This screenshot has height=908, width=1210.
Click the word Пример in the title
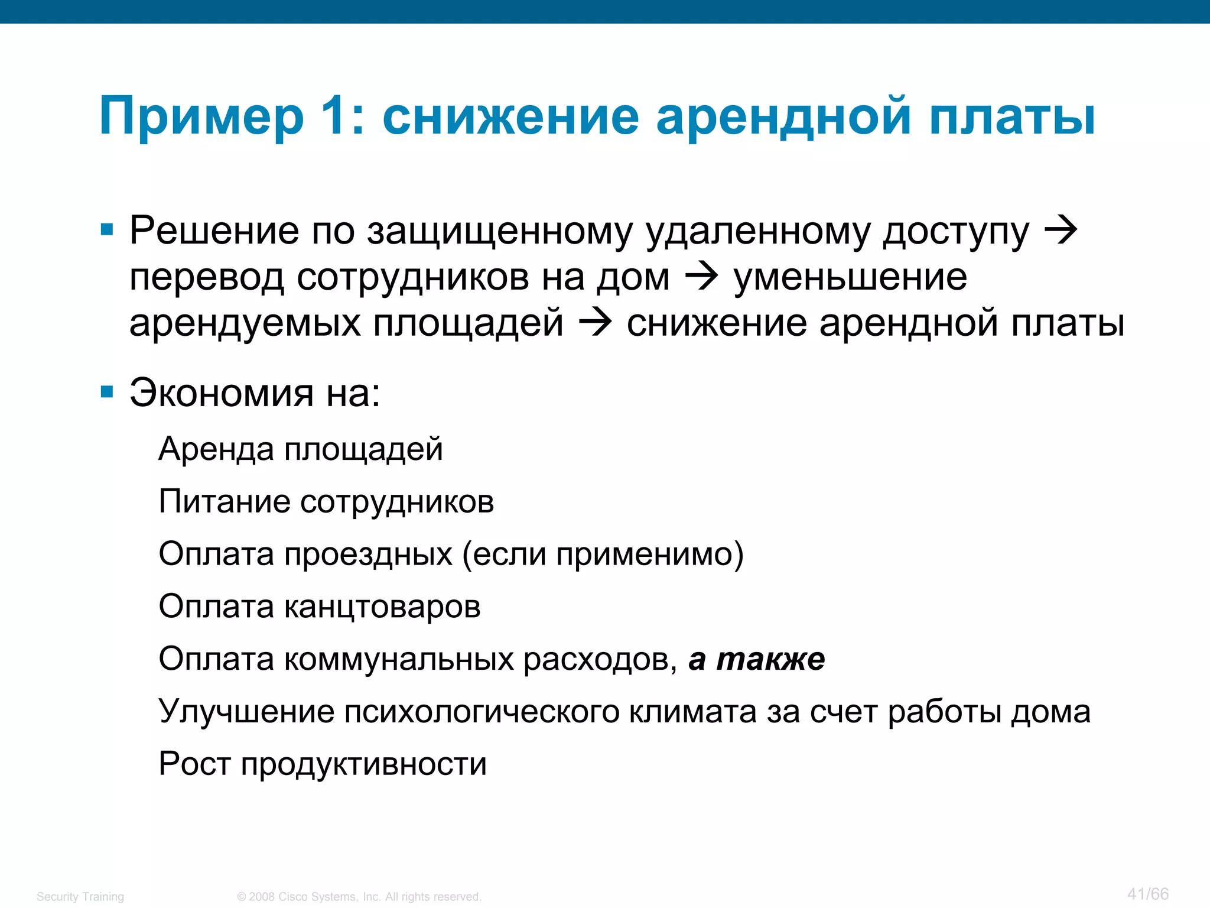tap(201, 116)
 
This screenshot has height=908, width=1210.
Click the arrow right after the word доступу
tap(1061, 230)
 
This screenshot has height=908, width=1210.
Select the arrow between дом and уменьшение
tap(701, 276)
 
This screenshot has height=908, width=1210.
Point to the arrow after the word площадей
tap(595, 323)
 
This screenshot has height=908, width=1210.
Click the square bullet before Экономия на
tap(107, 392)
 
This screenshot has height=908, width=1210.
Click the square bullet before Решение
tap(107, 229)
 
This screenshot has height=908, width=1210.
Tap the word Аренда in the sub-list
tap(217, 449)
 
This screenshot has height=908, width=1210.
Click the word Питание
tap(225, 502)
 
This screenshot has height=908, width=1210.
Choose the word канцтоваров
tap(382, 607)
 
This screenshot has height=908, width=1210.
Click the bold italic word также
tap(770, 659)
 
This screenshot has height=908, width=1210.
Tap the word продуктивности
tap(364, 764)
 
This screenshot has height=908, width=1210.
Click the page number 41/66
tap(1147, 894)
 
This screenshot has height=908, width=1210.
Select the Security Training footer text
tap(80, 897)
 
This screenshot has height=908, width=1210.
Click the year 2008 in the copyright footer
tap(262, 897)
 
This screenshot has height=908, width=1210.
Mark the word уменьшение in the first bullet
tap(850, 277)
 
